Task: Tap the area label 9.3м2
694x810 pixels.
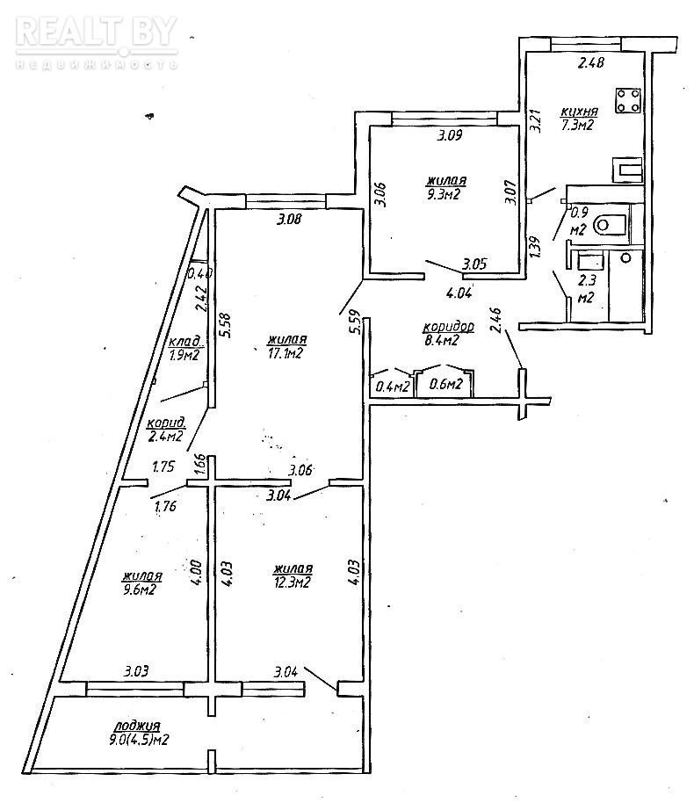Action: click(444, 193)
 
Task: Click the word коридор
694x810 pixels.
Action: click(448, 327)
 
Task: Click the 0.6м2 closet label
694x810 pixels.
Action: click(445, 384)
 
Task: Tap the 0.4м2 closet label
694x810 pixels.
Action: click(391, 384)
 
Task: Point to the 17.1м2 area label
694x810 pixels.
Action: click(286, 353)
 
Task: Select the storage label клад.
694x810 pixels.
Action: click(186, 342)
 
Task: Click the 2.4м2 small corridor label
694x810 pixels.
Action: click(165, 434)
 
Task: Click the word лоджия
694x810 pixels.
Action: click(136, 726)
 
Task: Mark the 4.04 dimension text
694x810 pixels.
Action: click(459, 293)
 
